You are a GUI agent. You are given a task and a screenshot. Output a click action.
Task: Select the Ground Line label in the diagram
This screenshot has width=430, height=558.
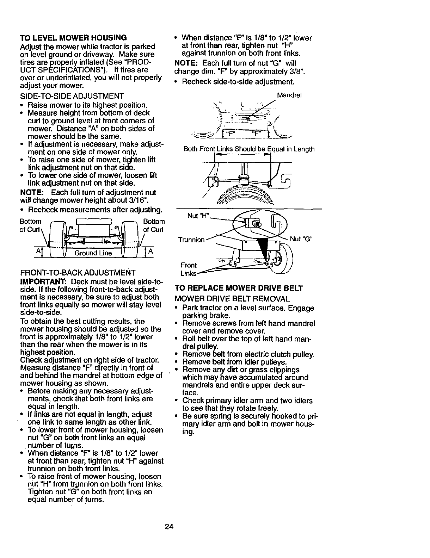(x=93, y=253)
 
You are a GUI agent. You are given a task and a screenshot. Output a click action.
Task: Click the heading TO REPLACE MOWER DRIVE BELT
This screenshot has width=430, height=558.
(x=239, y=288)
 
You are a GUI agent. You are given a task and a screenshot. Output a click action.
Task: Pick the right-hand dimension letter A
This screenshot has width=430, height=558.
(x=150, y=252)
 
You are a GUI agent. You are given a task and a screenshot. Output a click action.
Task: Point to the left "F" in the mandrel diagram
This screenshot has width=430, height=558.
(x=231, y=135)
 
